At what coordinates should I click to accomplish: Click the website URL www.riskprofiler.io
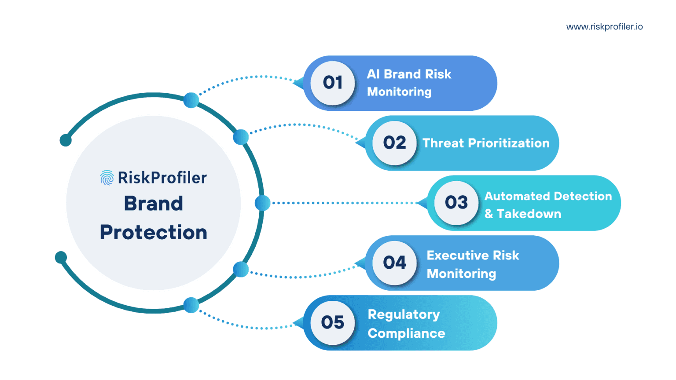coord(604,27)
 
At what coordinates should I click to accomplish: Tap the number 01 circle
coord(333,83)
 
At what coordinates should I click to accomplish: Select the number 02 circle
coord(394,143)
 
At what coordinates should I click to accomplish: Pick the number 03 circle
coord(456,203)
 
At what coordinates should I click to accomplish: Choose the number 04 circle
coord(394,263)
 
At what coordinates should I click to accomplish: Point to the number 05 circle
coord(333,323)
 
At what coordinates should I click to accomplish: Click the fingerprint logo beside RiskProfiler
coord(107,178)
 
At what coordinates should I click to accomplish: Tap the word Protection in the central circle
coord(154,232)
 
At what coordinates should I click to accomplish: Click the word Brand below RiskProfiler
coord(154,204)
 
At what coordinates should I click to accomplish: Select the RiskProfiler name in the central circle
coord(162,178)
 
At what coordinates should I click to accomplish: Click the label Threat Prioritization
coord(486,143)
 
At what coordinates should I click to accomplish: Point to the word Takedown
coord(529,214)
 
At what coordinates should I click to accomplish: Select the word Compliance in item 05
coord(406,333)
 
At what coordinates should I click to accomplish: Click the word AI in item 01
coord(373,74)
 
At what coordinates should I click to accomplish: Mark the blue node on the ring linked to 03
coord(263,203)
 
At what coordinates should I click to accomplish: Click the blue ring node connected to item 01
coord(191,100)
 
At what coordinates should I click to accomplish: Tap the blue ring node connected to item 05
coord(191,305)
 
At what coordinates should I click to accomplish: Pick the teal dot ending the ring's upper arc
coord(66,140)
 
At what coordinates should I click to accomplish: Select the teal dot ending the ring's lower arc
coord(61,257)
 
